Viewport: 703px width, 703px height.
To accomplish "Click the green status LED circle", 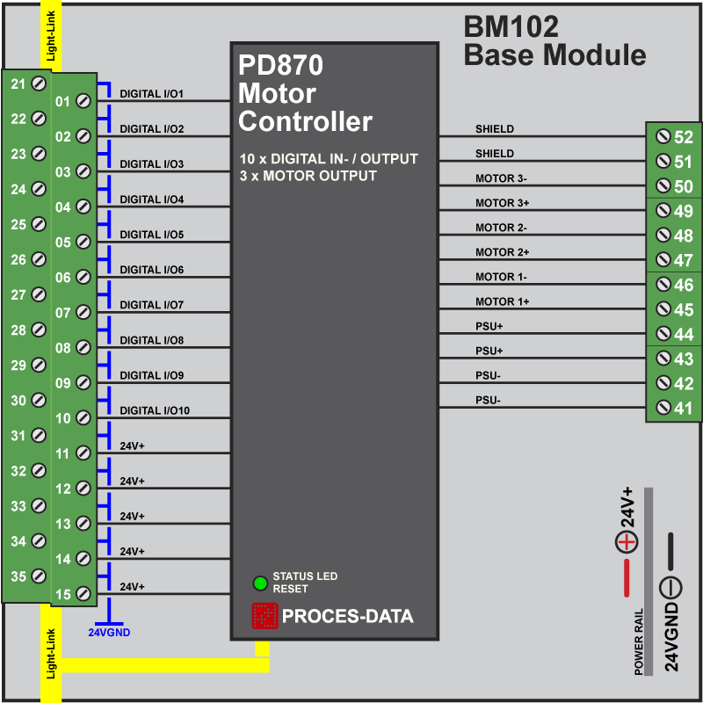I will click(x=260, y=583).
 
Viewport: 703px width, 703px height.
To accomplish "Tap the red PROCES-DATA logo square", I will click(x=265, y=616).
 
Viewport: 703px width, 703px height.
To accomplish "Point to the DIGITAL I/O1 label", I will click(x=151, y=93).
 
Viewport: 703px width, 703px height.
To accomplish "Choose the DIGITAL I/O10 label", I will click(x=155, y=410).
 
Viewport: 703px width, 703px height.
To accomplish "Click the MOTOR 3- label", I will click(x=501, y=178).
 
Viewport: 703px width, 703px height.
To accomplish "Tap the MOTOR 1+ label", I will click(x=501, y=301).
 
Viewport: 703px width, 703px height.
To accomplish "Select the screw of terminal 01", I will click(x=83, y=101).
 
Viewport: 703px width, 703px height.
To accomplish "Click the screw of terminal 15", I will click(x=83, y=594).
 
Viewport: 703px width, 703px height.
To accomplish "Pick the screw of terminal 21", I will click(x=39, y=83).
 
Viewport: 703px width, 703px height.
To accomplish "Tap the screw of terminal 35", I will click(x=39, y=576).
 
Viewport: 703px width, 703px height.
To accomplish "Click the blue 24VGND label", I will click(x=109, y=631).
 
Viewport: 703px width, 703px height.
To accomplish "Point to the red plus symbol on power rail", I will click(x=626, y=542).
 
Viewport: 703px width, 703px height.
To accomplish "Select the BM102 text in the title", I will click(x=511, y=28).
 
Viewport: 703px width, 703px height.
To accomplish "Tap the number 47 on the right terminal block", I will click(x=683, y=260).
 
